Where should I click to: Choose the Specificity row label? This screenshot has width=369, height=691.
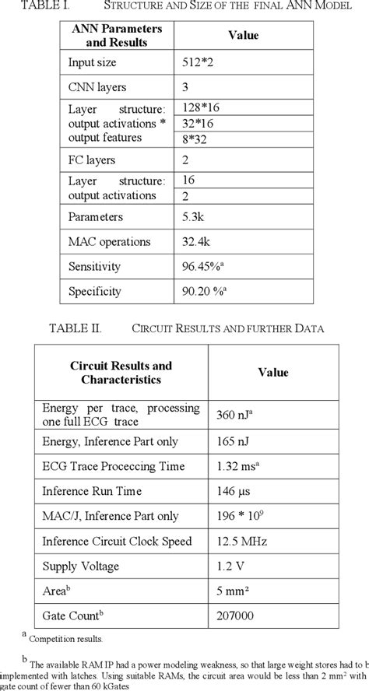(x=95, y=292)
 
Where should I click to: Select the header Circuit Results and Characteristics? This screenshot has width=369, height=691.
(x=121, y=373)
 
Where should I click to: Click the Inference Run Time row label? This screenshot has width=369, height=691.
(x=96, y=491)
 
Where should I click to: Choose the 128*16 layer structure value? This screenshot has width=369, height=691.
(x=196, y=106)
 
